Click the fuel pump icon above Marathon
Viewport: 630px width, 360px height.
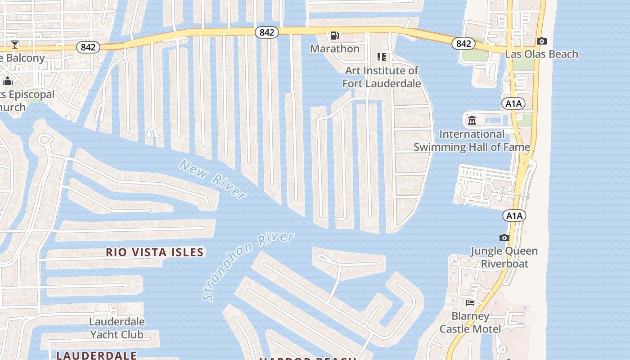334,35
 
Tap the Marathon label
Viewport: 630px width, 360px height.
335,49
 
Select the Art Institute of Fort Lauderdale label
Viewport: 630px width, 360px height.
382,77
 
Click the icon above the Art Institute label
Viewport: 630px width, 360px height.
382,57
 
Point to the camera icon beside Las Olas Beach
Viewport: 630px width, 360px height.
542,41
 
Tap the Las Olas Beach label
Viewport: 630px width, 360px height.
541,54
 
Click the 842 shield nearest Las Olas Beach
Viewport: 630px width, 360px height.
463,44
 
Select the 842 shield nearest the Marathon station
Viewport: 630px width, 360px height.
267,32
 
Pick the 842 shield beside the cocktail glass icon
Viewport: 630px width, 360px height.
88,47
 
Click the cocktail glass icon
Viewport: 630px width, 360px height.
14,44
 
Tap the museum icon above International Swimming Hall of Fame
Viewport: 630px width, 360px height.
472,120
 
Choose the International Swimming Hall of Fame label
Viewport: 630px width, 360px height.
472,140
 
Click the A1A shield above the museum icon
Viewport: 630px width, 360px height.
513,104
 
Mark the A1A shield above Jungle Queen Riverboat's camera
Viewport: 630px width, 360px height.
514,216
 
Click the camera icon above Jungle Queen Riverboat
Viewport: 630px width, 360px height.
504,238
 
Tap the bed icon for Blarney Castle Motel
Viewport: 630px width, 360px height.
470,302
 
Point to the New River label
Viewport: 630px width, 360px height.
213,179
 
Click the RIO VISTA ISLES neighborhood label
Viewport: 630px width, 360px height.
155,252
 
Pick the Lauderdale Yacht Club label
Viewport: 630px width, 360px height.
117,328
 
